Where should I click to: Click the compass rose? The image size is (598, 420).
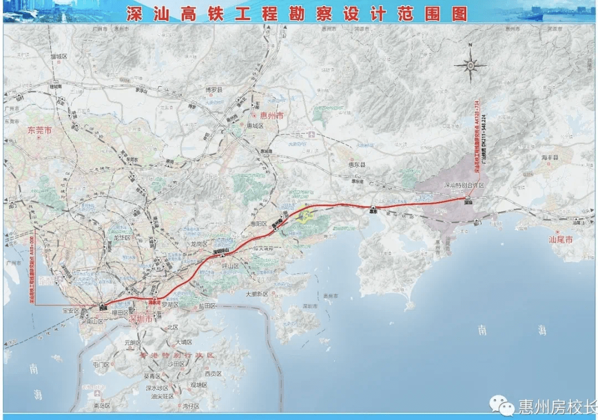[470, 65]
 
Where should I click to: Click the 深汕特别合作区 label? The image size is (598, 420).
[463, 185]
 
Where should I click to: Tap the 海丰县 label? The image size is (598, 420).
[551, 158]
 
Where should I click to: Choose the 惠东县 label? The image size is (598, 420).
[356, 165]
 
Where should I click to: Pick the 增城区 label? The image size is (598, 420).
[58, 56]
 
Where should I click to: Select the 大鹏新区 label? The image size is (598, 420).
[257, 294]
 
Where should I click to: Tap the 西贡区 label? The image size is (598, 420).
[213, 374]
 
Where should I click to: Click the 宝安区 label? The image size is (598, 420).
[71, 311]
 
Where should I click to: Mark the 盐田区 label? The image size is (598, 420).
[206, 305]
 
